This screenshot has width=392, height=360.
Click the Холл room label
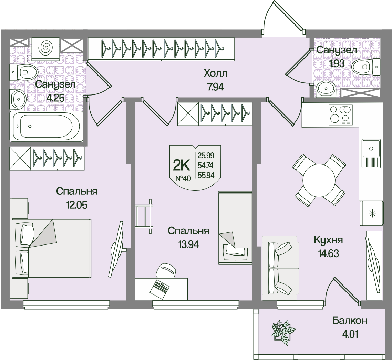pos(216,73)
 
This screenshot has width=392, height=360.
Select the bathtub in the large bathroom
pos(47,126)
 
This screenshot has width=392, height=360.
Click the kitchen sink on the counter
pos(371,149)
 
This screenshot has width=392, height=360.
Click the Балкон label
pos(350,321)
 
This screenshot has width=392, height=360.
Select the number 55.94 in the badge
pos(206,175)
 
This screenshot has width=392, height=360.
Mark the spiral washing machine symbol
pos(45,48)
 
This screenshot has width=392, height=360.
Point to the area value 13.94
pos(188,244)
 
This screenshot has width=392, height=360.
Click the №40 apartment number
pos(183,178)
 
